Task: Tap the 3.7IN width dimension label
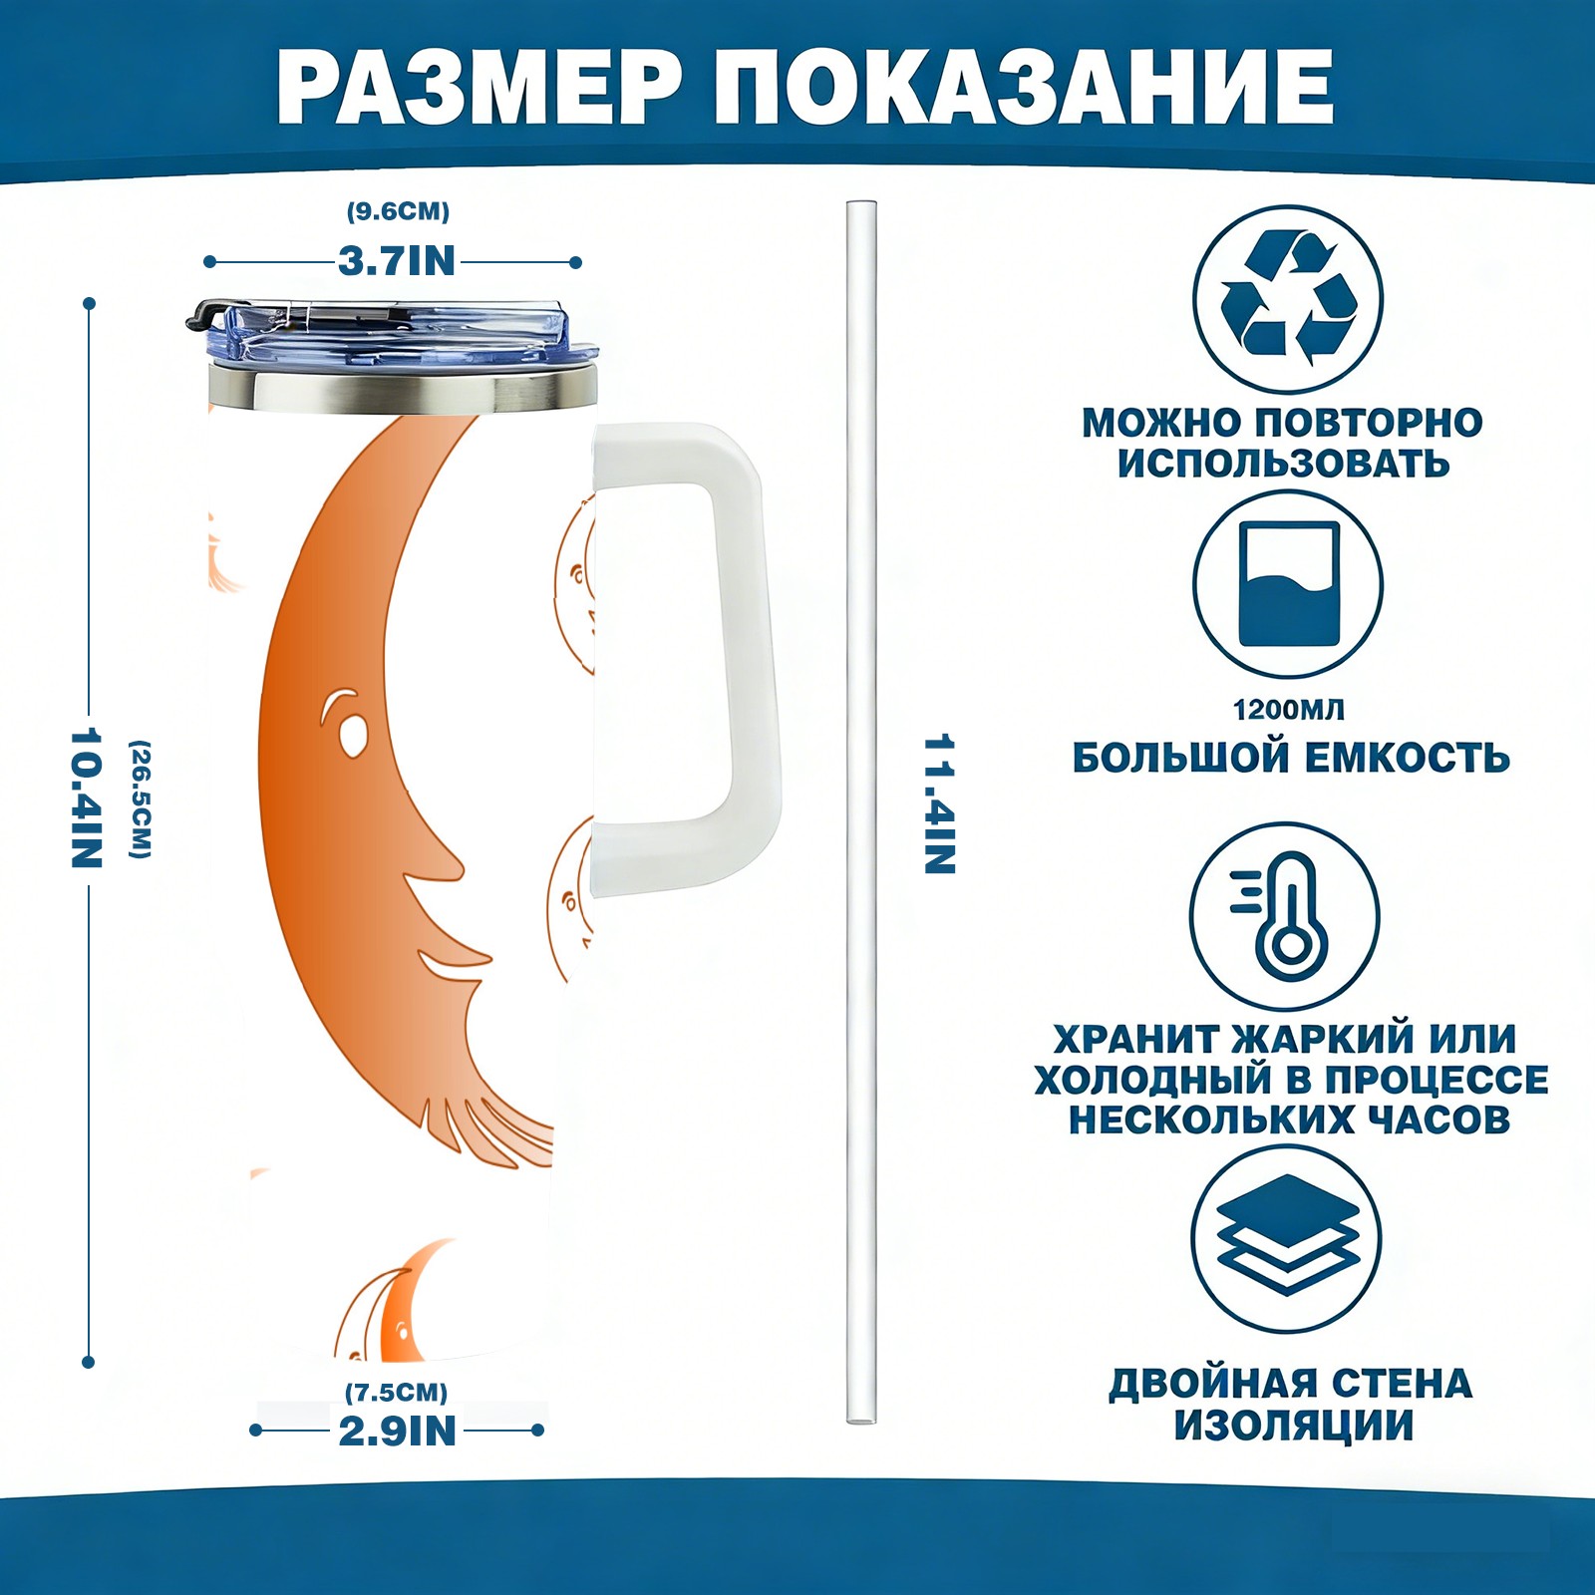(397, 262)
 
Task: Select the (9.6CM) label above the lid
(398, 211)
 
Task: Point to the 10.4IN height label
(87, 797)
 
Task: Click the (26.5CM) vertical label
(141, 798)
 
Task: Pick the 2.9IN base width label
(397, 1432)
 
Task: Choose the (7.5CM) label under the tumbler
(396, 1392)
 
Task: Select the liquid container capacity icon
(1288, 584)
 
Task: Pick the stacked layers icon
(1288, 1237)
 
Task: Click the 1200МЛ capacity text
(1288, 710)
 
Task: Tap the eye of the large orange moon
(352, 736)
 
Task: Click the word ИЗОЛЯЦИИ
(1293, 1426)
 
